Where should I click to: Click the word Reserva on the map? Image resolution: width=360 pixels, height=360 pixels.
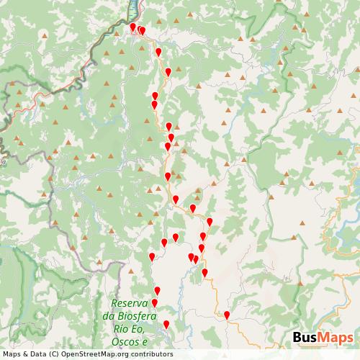tap(130, 303)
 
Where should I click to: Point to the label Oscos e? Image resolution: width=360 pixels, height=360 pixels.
tap(130, 341)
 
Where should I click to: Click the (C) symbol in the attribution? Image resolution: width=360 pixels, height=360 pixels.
tap(52, 354)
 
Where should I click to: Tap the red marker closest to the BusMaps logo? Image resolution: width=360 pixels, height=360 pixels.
tap(227, 315)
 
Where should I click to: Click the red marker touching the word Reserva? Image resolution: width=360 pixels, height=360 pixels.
tap(154, 303)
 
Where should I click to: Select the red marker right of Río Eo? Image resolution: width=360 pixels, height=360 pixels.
tap(166, 325)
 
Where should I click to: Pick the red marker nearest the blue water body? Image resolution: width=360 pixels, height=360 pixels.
tap(132, 27)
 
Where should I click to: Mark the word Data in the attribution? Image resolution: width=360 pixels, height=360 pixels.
tap(35, 354)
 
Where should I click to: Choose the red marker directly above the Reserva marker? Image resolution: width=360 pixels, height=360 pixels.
tap(157, 290)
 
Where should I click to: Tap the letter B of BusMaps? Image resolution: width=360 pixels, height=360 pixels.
tap(297, 338)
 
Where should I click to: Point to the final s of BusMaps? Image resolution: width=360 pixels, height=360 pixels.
tap(350, 338)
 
